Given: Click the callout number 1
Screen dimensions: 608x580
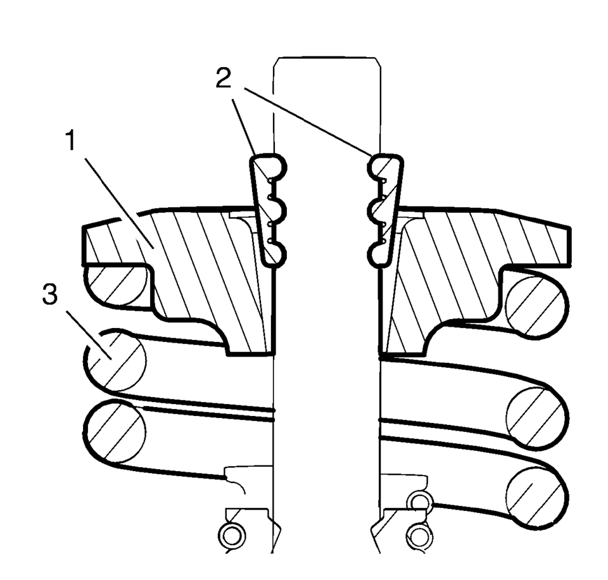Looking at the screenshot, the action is [70, 141].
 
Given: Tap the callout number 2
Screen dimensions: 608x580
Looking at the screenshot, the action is [224, 78].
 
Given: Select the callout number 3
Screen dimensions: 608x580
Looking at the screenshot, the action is [50, 293].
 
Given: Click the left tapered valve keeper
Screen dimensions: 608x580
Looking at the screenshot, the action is [269, 210].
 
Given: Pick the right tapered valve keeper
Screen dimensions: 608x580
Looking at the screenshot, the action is [385, 210].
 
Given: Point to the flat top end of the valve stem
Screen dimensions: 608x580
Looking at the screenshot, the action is [327, 58].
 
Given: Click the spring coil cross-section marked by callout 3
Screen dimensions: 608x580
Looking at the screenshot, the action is [115, 360].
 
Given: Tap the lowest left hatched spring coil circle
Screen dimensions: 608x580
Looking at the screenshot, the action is [115, 432].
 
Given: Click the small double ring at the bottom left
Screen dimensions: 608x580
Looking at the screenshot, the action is [232, 536].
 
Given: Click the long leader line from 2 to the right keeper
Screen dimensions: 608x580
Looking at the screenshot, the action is [308, 122].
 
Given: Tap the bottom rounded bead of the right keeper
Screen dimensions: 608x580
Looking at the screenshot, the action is [376, 255].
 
